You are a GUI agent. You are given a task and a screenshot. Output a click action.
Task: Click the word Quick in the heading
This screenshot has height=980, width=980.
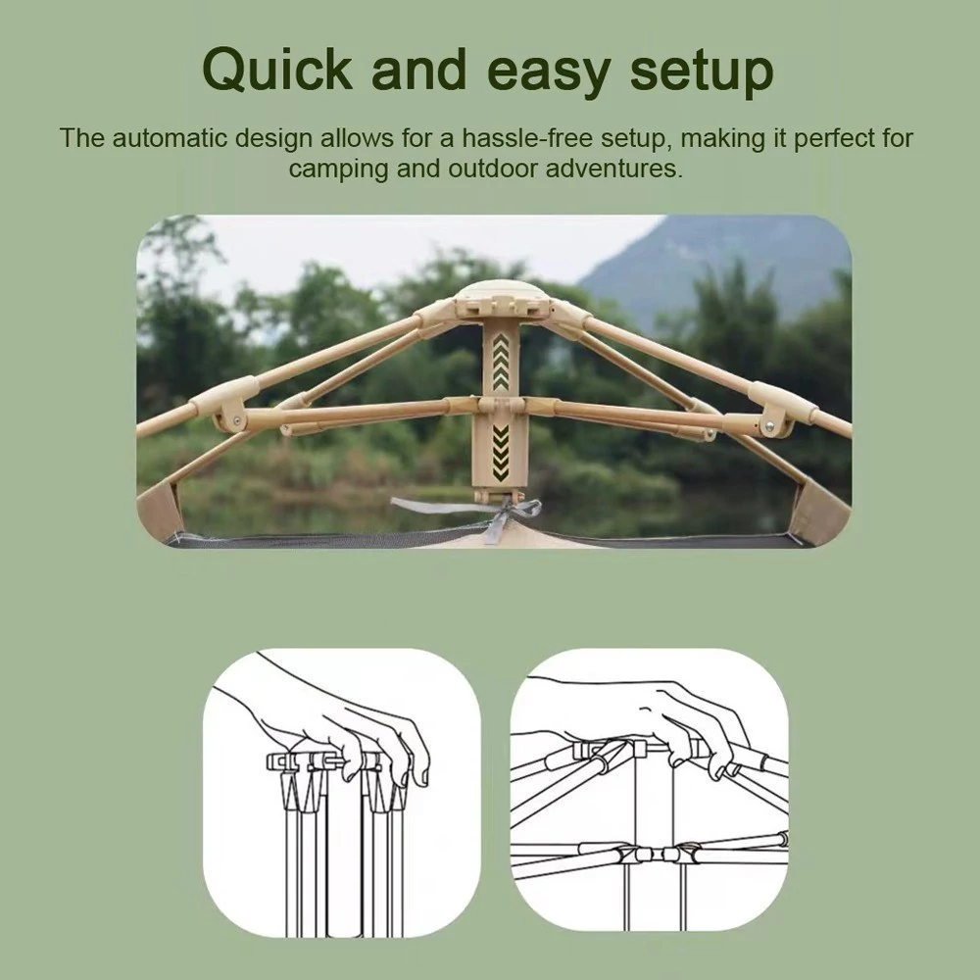point(278,70)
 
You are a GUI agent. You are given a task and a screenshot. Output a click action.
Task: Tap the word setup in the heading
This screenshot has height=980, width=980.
point(702,73)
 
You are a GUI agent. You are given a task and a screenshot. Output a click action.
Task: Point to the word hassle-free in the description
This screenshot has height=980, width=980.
point(526,137)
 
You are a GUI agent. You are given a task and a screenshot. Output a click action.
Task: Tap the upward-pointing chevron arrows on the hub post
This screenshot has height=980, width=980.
point(501,362)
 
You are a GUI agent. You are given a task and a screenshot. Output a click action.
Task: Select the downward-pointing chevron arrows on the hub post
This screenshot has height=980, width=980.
point(501,453)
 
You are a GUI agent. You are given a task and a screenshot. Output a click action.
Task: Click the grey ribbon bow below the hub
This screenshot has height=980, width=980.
point(494,513)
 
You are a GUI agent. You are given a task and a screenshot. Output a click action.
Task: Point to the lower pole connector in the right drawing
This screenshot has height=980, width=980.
point(657,855)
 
